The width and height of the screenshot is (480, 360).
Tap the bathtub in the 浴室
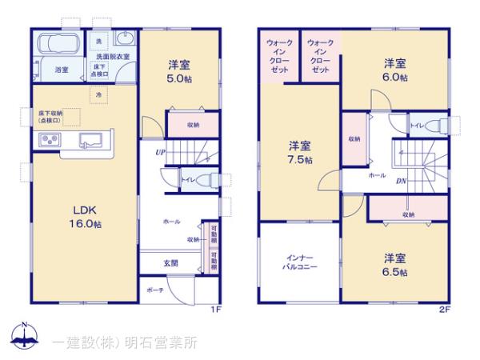pyautogui.click(x=55, y=44)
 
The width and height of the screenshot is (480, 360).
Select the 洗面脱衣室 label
pyautogui.click(x=114, y=57)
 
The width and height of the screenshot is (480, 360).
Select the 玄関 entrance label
pyautogui.click(x=171, y=262)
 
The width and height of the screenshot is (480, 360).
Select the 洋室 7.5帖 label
pyautogui.click(x=300, y=153)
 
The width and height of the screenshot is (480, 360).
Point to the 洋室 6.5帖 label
pyautogui.click(x=394, y=264)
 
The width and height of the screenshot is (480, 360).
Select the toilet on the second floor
pyautogui.click(x=430, y=126)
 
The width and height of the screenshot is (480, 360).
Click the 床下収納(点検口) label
pyautogui.click(x=50, y=117)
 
